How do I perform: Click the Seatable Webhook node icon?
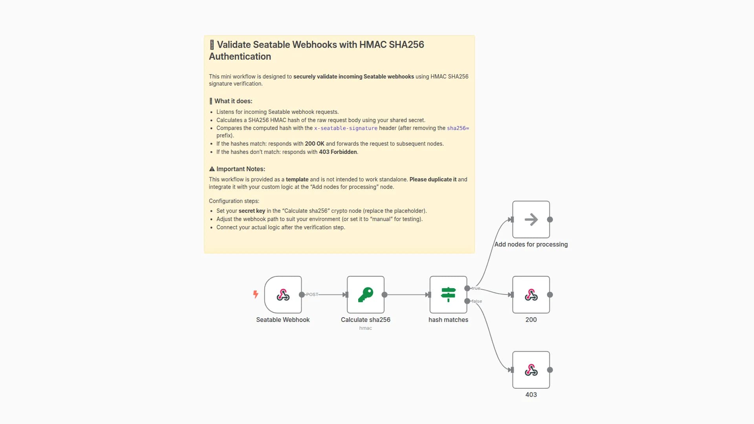click(283, 294)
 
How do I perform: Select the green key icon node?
click(365, 294)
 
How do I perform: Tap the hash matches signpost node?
click(448, 294)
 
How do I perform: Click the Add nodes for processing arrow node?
click(531, 219)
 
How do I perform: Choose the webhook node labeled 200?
click(531, 294)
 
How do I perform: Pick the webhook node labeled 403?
click(531, 370)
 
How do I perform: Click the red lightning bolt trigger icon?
click(256, 294)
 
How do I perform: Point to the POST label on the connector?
click(312, 294)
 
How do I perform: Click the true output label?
click(476, 288)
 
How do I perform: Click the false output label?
click(477, 301)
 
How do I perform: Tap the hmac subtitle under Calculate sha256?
click(365, 328)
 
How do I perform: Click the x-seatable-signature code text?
click(346, 128)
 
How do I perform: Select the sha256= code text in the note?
click(458, 128)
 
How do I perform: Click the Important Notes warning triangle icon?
click(212, 169)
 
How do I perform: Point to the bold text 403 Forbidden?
click(338, 152)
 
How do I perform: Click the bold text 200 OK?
click(315, 144)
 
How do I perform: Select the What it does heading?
click(233, 101)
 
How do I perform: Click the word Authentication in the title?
click(240, 57)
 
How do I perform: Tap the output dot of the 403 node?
click(550, 370)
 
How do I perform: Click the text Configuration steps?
click(234, 201)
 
